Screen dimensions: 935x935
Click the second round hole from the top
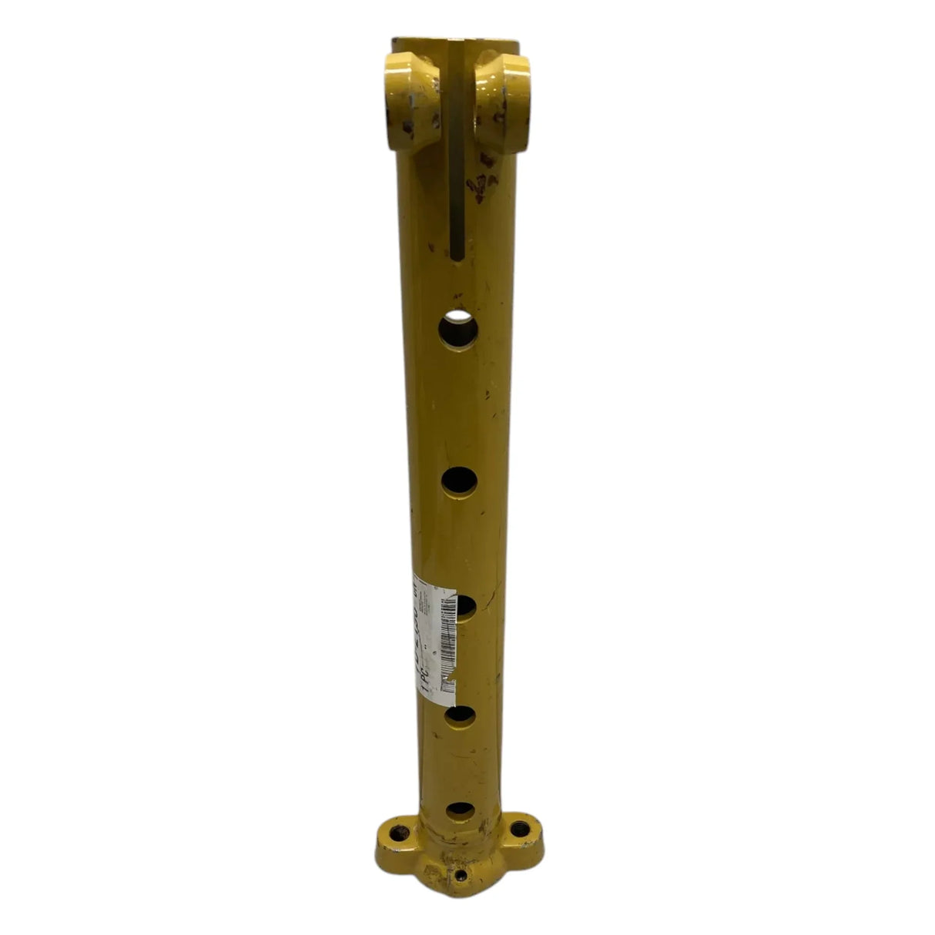[460, 481]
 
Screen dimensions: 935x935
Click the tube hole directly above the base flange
[460, 809]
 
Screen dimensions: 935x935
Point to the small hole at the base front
[461, 876]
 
